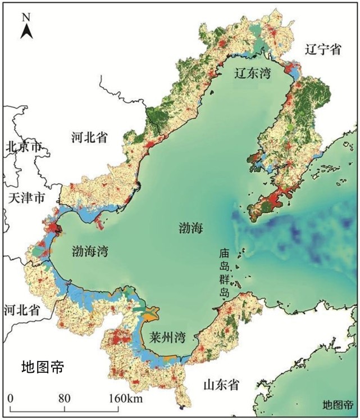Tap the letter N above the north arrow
[x=26, y=16]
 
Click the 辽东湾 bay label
[x=252, y=73]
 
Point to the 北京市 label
[x=24, y=147]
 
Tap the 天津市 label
[x=27, y=197]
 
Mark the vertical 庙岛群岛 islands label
[x=225, y=273]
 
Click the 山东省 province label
[x=221, y=385]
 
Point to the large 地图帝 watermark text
[x=43, y=368]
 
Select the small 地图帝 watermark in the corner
[x=338, y=405]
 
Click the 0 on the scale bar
[x=11, y=399]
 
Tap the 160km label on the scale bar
[x=126, y=399]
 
